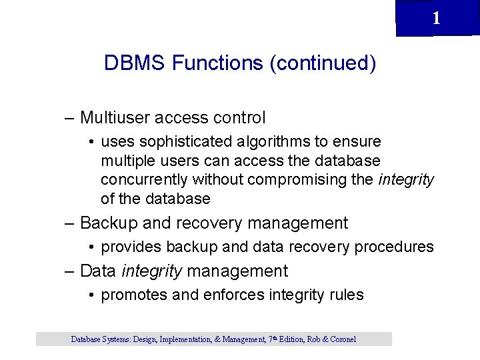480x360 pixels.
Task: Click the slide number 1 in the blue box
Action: click(x=436, y=19)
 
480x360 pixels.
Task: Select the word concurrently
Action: click(x=144, y=180)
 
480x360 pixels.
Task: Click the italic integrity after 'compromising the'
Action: click(x=407, y=180)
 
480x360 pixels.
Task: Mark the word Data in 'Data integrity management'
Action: click(x=98, y=271)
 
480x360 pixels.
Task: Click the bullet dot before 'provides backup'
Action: click(x=91, y=247)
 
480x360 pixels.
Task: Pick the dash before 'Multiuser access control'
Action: click(x=69, y=118)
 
